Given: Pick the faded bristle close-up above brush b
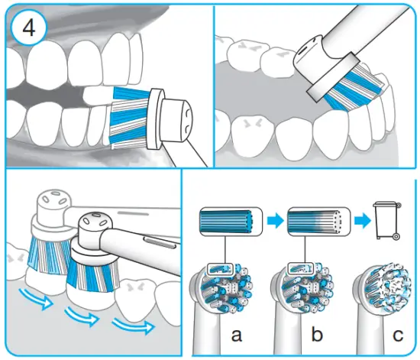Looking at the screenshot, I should pyautogui.click(x=313, y=222).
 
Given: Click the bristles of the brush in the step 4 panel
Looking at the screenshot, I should pyautogui.click(x=130, y=116).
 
